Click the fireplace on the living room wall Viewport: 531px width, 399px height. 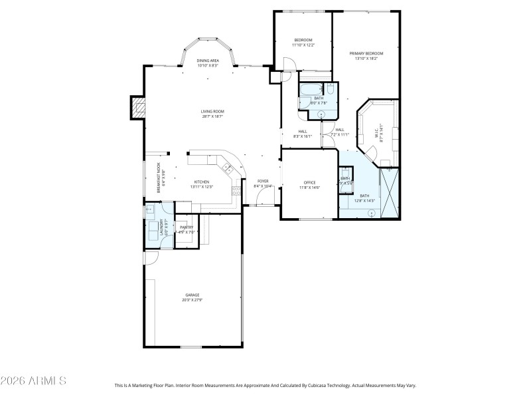[138, 108]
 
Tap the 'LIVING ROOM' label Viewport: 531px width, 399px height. [212, 111]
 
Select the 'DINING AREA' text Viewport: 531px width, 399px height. [208, 61]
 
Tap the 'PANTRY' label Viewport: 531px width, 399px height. [187, 227]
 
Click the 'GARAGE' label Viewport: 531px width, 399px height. [192, 295]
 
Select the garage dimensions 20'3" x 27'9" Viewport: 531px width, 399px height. [192, 300]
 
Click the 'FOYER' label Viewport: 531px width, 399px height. [263, 181]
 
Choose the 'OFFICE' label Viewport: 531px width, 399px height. [310, 182]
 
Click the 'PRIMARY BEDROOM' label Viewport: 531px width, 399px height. [366, 53]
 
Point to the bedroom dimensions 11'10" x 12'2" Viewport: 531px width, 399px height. [303, 45]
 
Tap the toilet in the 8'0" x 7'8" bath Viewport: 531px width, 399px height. [330, 88]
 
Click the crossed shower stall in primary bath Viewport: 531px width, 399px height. [389, 193]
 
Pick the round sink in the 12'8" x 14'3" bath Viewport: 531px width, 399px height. [371, 213]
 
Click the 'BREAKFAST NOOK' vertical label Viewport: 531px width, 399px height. [159, 178]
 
